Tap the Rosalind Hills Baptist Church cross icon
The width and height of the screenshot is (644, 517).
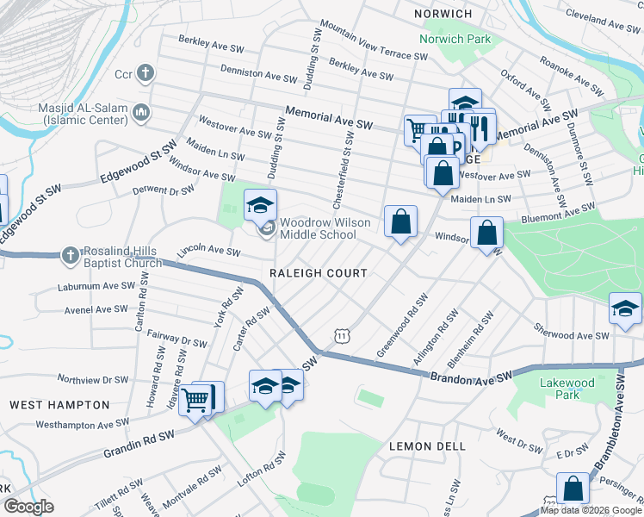click(68, 254)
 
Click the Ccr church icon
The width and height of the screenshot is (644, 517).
click(146, 72)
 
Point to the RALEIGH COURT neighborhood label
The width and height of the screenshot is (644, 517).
click(319, 273)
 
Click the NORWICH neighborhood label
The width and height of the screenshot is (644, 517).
click(443, 15)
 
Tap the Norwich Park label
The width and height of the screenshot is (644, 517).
click(455, 39)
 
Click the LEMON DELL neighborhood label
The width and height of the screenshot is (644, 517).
click(428, 446)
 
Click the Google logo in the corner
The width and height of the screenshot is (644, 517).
click(28, 507)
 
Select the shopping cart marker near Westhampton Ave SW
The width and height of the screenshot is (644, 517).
click(196, 399)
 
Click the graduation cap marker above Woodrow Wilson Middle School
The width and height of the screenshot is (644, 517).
click(260, 205)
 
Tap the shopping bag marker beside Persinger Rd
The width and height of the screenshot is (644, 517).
click(573, 489)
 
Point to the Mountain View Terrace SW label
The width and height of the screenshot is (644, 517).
click(374, 42)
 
